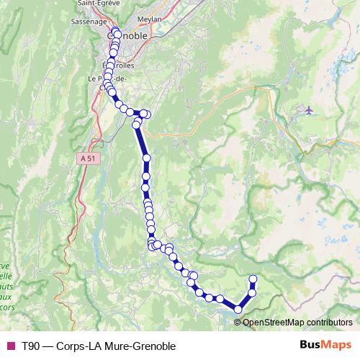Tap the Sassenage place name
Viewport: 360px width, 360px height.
click(89, 22)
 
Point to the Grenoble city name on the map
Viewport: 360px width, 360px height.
click(127, 35)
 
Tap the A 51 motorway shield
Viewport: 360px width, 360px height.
click(88, 158)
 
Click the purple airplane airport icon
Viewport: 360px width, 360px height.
click(309, 109)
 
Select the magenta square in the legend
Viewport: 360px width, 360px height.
click(9, 346)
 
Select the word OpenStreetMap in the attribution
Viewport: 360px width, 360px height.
click(275, 322)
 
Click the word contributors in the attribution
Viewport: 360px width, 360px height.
click(330, 322)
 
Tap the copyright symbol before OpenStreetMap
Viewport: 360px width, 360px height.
click(238, 322)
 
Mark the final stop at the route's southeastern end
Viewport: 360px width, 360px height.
click(253, 279)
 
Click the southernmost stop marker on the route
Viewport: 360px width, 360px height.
click(238, 310)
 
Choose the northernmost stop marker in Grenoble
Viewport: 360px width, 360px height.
click(116, 34)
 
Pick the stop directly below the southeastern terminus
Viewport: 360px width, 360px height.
click(252, 292)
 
